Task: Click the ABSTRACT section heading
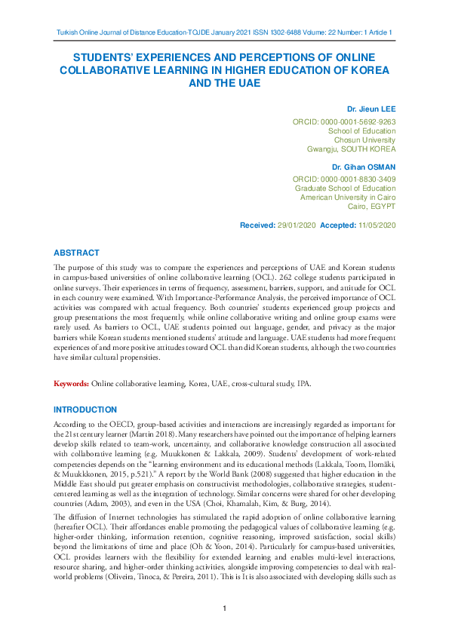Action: click(76, 253)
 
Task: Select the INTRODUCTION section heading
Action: click(85, 410)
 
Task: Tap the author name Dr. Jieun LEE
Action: click(369, 109)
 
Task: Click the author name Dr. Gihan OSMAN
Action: click(364, 166)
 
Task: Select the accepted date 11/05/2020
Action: click(375, 225)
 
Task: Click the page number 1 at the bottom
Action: click(225, 609)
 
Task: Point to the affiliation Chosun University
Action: click(364, 140)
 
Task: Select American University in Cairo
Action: click(348, 197)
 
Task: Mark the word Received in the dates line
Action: click(257, 225)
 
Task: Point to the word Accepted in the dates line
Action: click(337, 225)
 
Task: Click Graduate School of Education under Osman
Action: click(345, 188)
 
